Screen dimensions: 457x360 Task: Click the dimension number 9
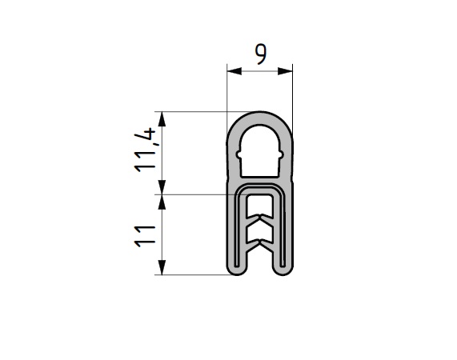click(x=261, y=54)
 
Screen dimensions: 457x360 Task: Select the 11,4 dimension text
click(x=145, y=150)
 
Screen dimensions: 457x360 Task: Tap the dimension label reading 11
click(x=145, y=236)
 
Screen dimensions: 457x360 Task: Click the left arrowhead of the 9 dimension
click(x=235, y=70)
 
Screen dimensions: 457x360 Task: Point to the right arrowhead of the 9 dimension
click(x=285, y=70)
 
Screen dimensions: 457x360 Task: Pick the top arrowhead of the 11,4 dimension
click(x=162, y=119)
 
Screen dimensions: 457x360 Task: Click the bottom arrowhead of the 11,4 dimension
click(x=162, y=187)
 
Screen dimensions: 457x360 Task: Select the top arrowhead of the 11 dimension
click(x=162, y=202)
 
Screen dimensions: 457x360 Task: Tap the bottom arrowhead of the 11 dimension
click(x=162, y=267)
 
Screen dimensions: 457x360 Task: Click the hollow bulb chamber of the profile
click(x=259, y=151)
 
